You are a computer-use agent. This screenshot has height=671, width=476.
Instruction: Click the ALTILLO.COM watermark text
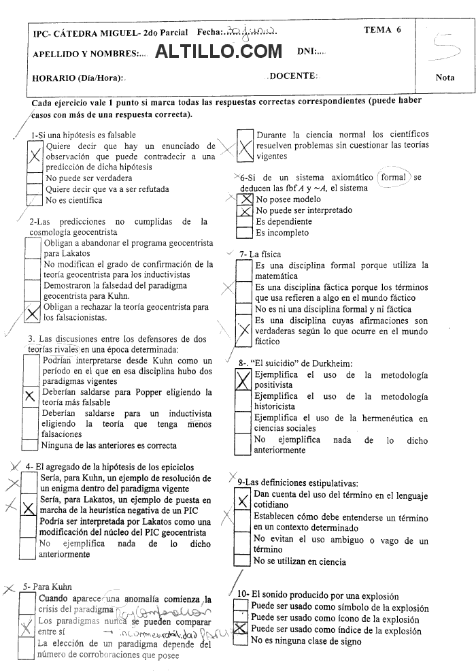218,51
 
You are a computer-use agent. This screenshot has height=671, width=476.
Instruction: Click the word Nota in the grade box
445,78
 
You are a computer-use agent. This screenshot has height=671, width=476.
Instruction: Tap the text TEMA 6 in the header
383,30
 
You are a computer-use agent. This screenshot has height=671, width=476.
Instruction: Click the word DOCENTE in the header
293,76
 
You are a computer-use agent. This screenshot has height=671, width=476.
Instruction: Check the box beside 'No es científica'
34,200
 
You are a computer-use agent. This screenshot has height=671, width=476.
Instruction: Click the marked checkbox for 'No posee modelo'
245,199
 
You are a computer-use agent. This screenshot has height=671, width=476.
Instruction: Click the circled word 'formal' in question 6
394,178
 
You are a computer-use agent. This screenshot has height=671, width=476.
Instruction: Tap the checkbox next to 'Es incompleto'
245,233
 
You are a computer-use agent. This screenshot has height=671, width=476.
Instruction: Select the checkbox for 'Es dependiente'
245,222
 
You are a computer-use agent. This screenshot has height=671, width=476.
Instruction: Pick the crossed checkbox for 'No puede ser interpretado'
245,211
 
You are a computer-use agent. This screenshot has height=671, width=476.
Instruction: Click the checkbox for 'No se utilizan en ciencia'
242,561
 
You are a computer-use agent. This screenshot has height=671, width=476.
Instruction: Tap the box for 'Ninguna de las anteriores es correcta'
29,446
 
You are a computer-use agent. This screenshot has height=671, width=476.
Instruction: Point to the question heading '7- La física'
260,255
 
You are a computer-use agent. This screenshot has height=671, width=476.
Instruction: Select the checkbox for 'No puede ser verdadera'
34,178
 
